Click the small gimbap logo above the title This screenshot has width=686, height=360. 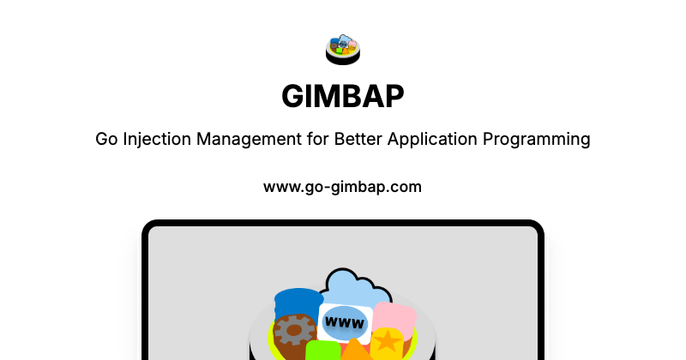(343, 49)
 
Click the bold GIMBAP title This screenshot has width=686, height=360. (343, 97)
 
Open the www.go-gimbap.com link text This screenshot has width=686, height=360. (343, 186)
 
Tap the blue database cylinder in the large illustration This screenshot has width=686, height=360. (296, 304)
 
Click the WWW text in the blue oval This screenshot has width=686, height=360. (346, 323)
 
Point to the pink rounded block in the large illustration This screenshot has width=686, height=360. (394, 317)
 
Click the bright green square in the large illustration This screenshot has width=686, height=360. (322, 351)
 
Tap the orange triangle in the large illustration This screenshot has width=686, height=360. (354, 350)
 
